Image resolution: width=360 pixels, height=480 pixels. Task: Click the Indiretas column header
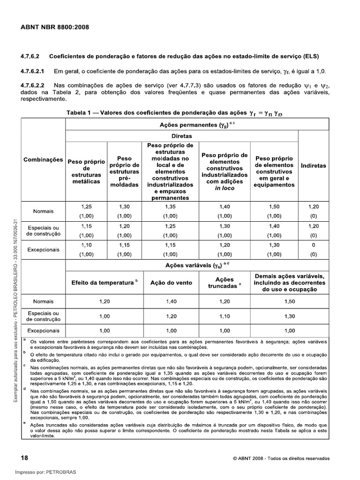[314, 165]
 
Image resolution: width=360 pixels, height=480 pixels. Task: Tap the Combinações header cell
[43, 160]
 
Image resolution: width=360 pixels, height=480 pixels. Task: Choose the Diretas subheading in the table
[181, 135]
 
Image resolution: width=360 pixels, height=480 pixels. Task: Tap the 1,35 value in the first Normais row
[169, 206]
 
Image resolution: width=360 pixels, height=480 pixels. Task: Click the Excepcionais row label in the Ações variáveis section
[43, 331]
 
